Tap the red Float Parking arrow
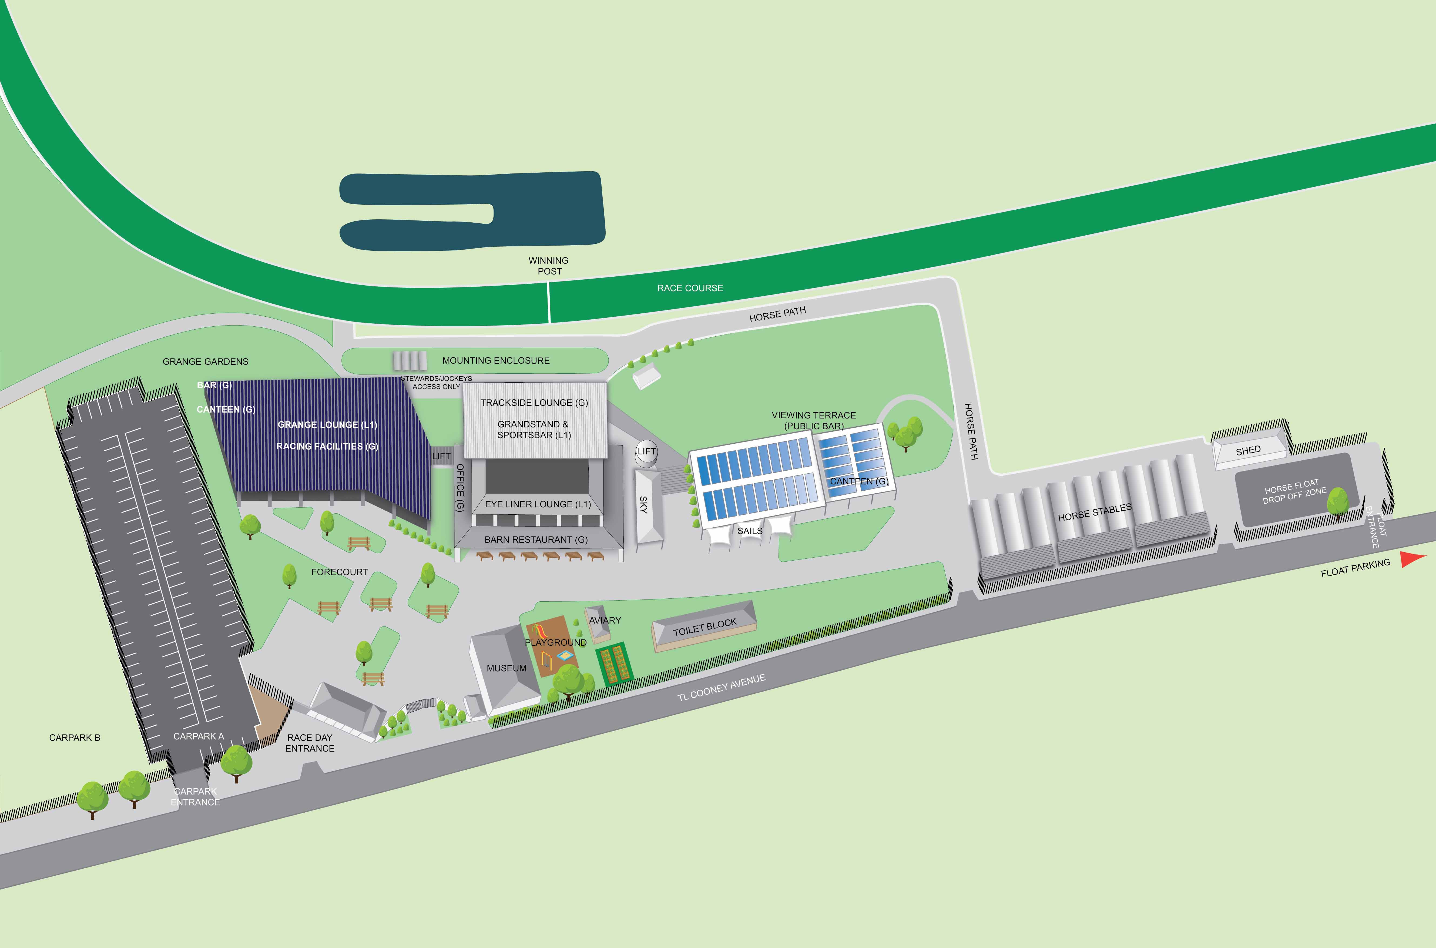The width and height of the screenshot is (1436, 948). (x=1413, y=559)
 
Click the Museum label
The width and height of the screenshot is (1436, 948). (x=506, y=668)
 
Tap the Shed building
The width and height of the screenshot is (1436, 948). (x=1249, y=450)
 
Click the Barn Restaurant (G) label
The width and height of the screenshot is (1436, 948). (x=535, y=539)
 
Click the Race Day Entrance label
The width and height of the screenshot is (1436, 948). (x=310, y=743)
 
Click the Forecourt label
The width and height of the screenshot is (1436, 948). (x=339, y=572)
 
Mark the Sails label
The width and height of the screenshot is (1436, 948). (x=749, y=531)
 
